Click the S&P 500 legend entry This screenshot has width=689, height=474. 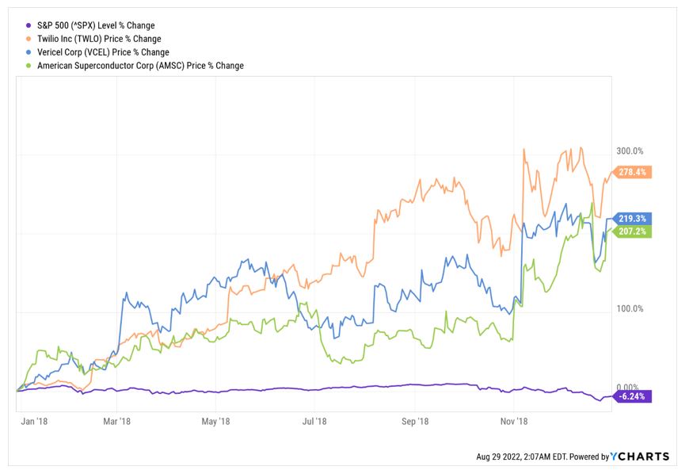point(96,25)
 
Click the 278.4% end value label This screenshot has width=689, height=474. point(633,171)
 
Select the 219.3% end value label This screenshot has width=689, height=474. point(633,218)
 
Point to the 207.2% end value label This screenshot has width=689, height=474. point(633,231)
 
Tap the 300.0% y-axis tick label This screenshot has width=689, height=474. point(630,151)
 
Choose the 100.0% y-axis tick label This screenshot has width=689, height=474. point(630,308)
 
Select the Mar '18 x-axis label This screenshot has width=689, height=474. point(116,422)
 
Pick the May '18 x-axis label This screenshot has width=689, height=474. point(215,422)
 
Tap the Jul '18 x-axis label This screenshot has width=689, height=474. point(315,422)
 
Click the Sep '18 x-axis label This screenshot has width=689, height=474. point(415,422)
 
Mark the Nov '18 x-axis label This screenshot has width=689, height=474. point(514,422)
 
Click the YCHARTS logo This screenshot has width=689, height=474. point(640,457)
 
